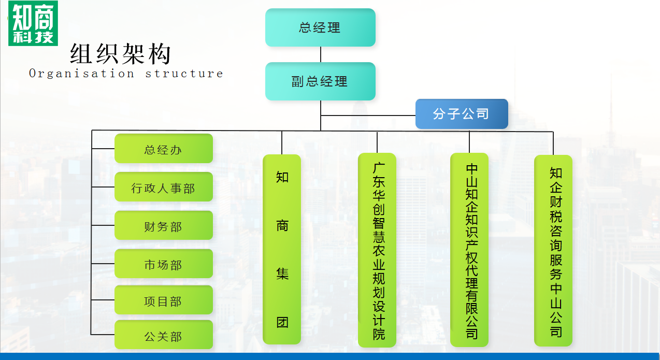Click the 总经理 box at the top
click(320, 27)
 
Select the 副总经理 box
click(320, 81)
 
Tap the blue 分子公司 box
click(462, 113)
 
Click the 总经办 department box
click(163, 150)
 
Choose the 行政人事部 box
click(163, 188)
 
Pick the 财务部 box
click(163, 226)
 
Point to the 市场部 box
click(163, 265)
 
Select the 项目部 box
click(163, 301)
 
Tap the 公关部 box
click(163, 336)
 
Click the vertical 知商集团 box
click(282, 249)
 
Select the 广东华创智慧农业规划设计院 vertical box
click(377, 250)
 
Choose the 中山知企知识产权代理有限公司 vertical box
click(469, 250)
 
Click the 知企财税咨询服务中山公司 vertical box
click(553, 251)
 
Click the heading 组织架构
click(121, 54)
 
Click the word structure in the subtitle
click(184, 74)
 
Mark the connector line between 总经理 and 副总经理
click(321, 54)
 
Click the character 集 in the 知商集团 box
click(282, 273)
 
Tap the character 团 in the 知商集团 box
click(282, 322)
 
